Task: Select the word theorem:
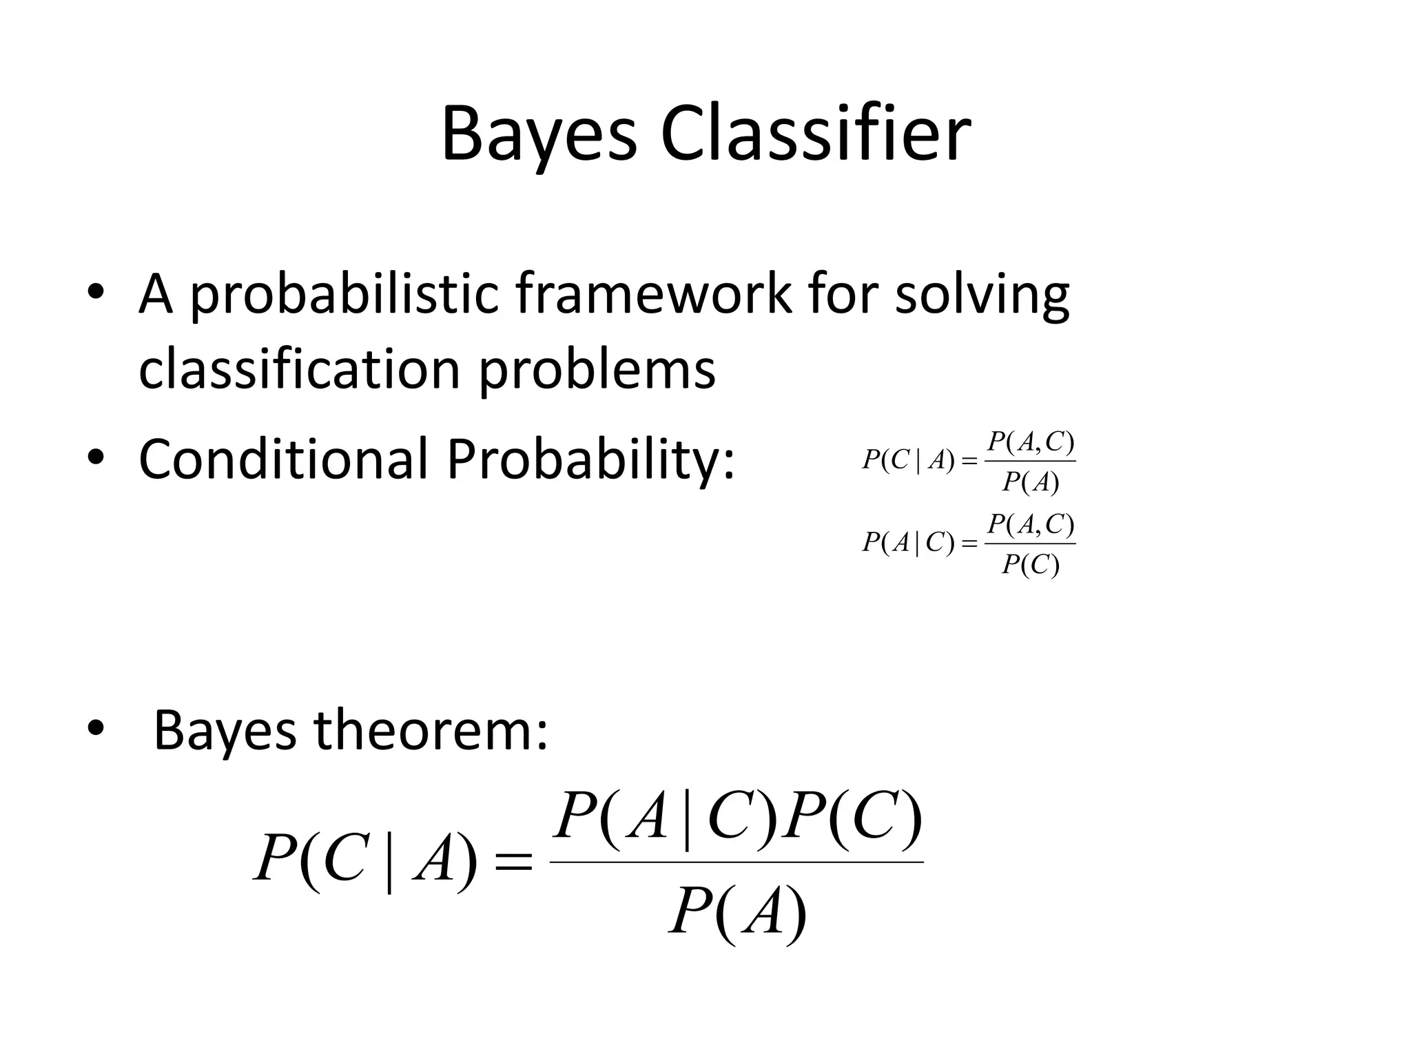(431, 730)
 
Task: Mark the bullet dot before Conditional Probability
(95, 458)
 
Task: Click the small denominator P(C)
(1030, 566)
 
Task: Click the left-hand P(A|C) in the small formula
(908, 543)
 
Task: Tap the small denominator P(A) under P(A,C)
(1030, 483)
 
